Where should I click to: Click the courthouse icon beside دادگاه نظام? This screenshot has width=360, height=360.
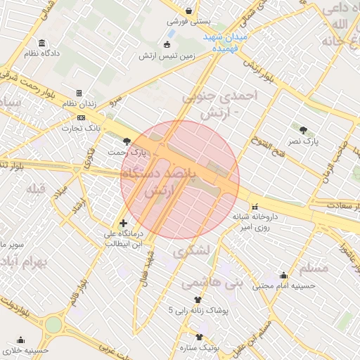pos(44,42)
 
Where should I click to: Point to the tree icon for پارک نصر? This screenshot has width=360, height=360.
pos(303,130)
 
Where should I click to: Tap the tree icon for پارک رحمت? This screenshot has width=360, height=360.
pos(127,141)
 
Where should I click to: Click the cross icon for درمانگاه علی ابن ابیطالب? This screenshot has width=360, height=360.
pos(124,224)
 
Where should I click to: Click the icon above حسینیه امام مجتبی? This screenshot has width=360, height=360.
pos(283,275)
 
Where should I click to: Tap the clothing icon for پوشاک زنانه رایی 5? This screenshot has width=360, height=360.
pos(187,300)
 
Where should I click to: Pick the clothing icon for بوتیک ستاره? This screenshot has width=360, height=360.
pos(200,337)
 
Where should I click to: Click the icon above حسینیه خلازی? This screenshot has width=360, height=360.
pos(21,339)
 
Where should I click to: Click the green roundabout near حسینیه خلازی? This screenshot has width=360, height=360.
pos(53,325)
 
